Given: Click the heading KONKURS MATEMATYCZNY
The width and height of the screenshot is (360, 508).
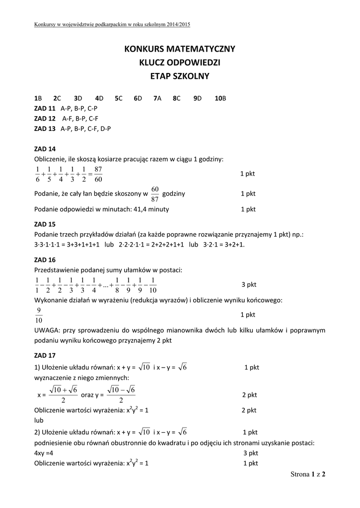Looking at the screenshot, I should click(x=180, y=49).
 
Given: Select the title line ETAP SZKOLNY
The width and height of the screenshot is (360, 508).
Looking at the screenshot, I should click(x=180, y=76).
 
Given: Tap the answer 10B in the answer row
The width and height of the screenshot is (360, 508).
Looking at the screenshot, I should click(x=220, y=98).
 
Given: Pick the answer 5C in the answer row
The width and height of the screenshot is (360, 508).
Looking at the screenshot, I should click(x=118, y=98).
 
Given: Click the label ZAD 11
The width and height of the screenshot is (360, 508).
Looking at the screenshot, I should click(x=45, y=108).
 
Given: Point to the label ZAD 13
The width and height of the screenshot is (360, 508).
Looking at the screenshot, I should click(x=45, y=128).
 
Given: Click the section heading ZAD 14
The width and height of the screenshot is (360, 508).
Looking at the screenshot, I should click(x=45, y=149).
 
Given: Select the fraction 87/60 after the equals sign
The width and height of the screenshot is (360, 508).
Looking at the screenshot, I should click(x=98, y=174).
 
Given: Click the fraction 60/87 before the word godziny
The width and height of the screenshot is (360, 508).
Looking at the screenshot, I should click(x=154, y=194).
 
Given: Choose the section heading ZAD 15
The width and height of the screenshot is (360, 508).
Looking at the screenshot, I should click(x=45, y=224).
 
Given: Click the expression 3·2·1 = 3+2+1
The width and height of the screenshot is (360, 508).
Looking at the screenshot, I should click(x=223, y=245).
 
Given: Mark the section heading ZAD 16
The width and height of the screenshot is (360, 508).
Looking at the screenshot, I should click(x=45, y=260).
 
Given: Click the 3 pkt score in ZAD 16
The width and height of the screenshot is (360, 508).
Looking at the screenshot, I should click(x=248, y=285).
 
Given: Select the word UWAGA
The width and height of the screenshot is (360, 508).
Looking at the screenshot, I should click(x=46, y=330).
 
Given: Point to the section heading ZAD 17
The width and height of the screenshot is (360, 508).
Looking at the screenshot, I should click(x=45, y=355).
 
